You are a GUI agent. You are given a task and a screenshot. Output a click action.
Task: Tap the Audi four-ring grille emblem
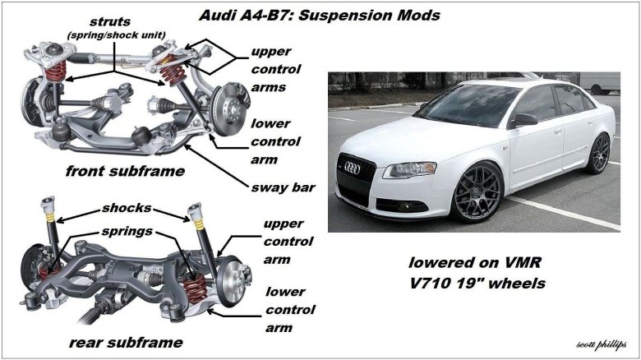pyautogui.click(x=352, y=168)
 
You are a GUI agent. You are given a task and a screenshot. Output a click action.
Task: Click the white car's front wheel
pyautogui.click(x=477, y=192)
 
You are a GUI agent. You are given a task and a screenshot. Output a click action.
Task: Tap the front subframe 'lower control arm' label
pyautogui.click(x=275, y=141)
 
